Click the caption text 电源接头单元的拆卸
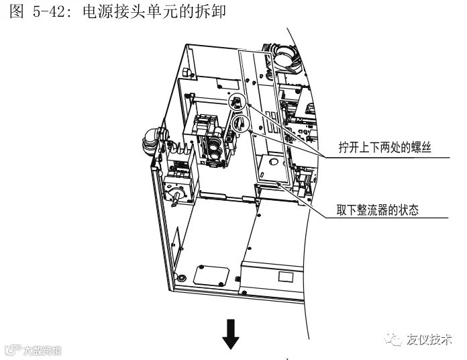pos(154,11)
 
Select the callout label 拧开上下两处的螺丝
pos(384,147)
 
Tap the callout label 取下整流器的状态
pos(377,210)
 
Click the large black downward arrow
pos(231,334)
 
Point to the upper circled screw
pos(237,102)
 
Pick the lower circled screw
pos(240,124)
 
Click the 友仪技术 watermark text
pos(429,339)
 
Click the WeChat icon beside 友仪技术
pos(394,339)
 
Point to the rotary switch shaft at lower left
pos(176,199)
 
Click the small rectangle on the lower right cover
pos(286,277)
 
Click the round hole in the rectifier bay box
pos(273,162)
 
